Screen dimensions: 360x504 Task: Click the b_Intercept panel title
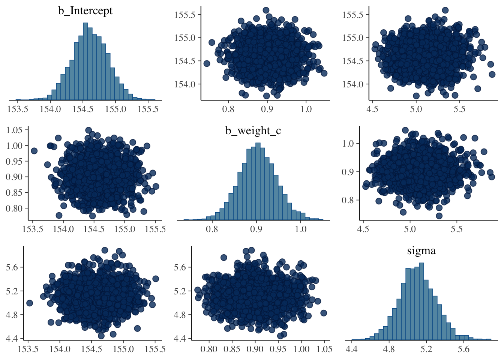85,10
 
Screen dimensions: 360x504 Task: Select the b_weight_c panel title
253,130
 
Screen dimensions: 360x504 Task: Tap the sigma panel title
421,250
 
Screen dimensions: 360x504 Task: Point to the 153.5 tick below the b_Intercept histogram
18,109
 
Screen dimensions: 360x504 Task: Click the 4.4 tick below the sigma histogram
351,349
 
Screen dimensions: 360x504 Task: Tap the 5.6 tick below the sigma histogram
464,349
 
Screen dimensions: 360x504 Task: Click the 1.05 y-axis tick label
14,130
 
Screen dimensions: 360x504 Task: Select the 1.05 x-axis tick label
324,349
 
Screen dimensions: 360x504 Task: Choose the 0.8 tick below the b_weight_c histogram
212,229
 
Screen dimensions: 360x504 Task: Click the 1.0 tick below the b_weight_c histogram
300,229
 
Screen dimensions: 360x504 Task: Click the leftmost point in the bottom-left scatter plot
30,303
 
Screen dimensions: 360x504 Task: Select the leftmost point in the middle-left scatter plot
34,151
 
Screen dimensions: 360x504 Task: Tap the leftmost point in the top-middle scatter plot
207,63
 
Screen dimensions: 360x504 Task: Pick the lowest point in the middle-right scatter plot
439,216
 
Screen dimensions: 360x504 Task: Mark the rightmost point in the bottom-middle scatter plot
324,313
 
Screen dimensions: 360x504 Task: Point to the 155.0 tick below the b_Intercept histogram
115,109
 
